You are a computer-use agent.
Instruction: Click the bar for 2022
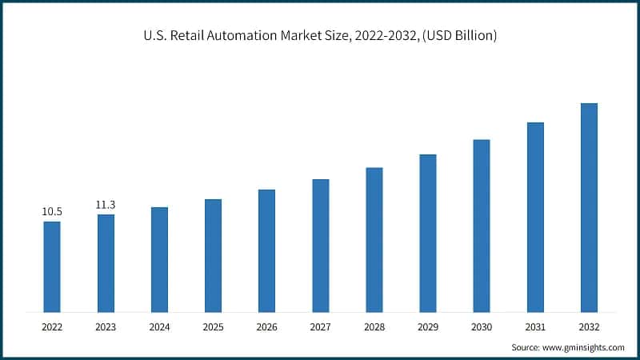52,266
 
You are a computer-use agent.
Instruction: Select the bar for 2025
213,255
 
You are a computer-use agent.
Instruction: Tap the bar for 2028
374,239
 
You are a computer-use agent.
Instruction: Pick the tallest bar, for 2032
588,207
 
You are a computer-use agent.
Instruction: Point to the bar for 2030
481,226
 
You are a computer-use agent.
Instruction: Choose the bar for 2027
320,245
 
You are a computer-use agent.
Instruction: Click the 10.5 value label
52,212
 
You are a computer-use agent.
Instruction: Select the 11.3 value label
106,205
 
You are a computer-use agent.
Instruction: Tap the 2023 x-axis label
106,326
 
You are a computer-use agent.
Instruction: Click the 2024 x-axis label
159,326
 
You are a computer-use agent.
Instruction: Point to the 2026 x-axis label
266,326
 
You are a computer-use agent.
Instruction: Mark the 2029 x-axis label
427,326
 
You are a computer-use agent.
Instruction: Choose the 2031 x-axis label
534,326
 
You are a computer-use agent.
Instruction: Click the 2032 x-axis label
588,326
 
